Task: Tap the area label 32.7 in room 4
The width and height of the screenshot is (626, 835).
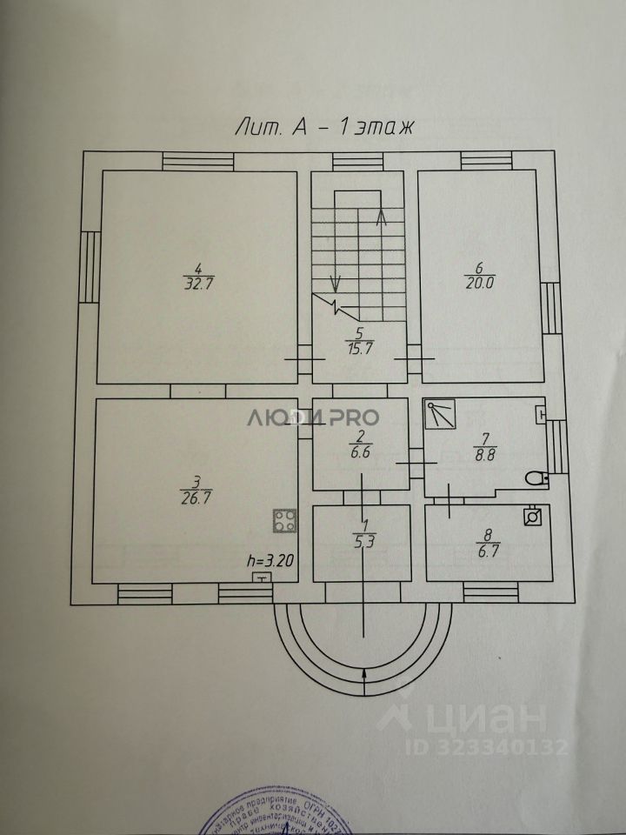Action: click(x=199, y=283)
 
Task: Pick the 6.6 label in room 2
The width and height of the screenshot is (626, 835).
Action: click(x=359, y=451)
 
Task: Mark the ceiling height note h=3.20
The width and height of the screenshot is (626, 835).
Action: click(x=270, y=561)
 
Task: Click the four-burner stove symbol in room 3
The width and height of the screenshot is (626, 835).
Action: click(x=284, y=521)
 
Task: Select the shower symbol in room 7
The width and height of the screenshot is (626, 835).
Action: click(x=440, y=414)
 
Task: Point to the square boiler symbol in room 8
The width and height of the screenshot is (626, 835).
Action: click(x=532, y=516)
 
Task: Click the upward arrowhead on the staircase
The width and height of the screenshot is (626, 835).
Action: click(x=380, y=217)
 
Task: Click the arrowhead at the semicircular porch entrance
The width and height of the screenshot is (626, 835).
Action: click(x=364, y=674)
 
